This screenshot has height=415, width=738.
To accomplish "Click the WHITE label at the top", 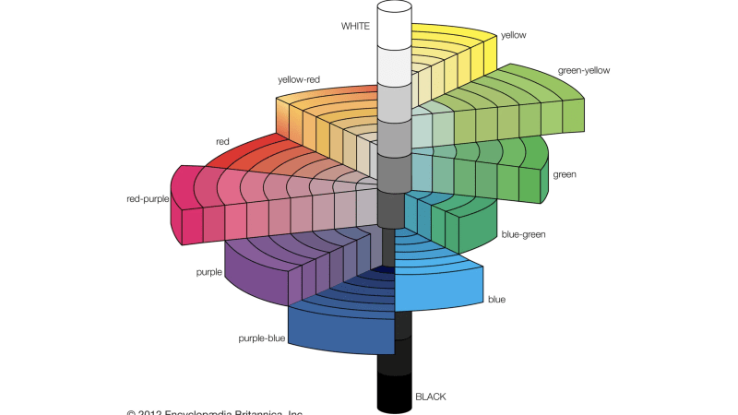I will point(355,26).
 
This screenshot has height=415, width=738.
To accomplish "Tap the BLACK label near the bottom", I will point(431,397).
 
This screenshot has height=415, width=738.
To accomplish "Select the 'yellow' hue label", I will point(514,35).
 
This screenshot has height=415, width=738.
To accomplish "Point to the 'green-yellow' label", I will point(584,70).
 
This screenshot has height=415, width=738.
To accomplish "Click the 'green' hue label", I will point(565,173).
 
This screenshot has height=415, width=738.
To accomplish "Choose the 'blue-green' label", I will point(522,234).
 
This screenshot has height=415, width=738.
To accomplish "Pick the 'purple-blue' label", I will point(260,338).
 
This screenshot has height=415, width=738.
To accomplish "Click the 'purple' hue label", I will point(208,273).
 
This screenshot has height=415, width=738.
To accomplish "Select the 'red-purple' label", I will point(147,198).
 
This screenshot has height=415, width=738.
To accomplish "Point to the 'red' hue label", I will point(222,142).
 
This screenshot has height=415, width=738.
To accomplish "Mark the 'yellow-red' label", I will point(300,79).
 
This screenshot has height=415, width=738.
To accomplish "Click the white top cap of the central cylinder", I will point(393,8).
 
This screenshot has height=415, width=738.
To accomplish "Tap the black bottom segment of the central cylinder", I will point(394,395).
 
